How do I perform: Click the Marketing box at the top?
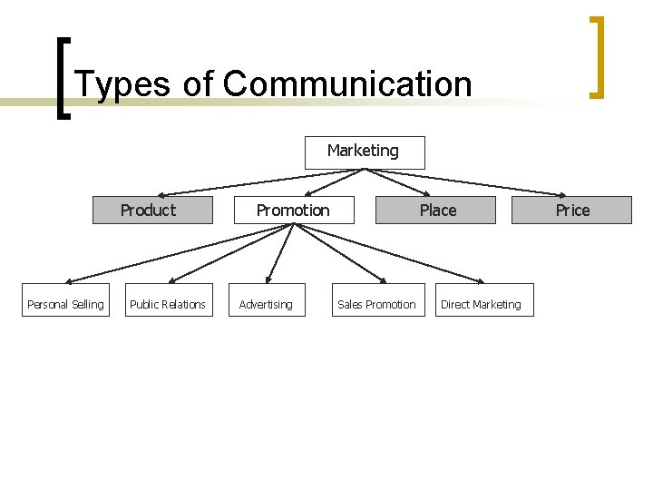(x=364, y=152)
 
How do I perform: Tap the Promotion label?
(x=293, y=210)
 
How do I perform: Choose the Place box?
(x=436, y=210)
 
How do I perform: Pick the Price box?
(x=572, y=210)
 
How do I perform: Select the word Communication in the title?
(x=347, y=84)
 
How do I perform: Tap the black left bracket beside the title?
(x=63, y=77)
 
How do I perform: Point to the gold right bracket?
(x=597, y=56)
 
